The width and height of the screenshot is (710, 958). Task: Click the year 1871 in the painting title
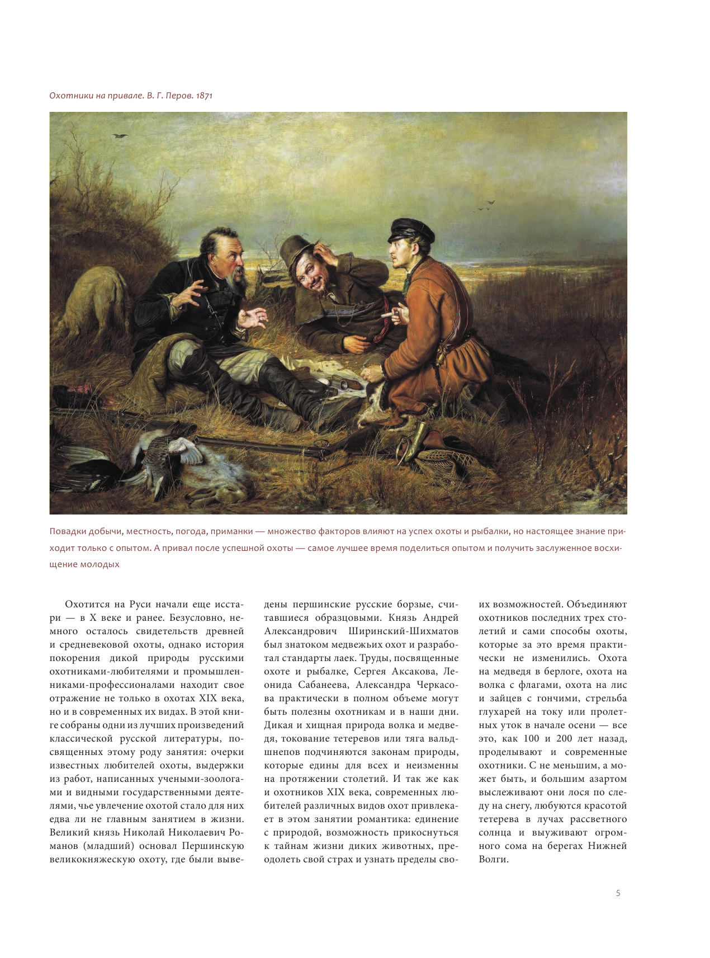204,96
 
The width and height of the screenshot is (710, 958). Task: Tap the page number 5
618,893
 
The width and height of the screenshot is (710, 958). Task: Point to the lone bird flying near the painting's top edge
120,135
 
